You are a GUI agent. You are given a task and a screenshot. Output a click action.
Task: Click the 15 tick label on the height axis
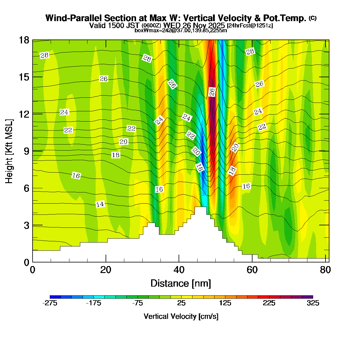24,77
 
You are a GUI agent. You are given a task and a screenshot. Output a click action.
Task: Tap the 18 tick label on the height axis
24,40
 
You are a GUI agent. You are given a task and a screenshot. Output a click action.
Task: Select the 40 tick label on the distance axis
179,270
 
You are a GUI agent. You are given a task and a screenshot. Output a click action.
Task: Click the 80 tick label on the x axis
325,270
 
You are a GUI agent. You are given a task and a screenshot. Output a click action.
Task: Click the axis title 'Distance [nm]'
180,284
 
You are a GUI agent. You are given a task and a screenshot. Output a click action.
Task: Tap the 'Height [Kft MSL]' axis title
9,151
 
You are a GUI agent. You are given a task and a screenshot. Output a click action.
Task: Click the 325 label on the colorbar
313,303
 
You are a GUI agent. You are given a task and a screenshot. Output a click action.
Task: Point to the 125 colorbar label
225,303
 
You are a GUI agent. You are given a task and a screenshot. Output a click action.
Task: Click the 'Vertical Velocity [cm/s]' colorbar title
181,316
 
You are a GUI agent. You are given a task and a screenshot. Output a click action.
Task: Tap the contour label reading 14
100,205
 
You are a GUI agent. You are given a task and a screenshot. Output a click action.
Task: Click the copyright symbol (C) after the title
313,18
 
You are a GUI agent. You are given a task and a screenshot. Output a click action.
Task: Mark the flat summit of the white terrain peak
200,207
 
